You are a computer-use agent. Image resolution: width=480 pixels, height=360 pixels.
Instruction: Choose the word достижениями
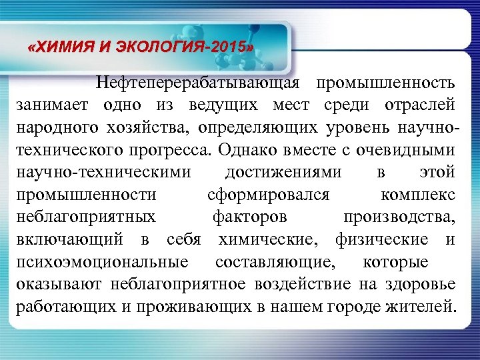coord(283,173)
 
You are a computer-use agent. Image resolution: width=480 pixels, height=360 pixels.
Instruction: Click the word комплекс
coord(418,195)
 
